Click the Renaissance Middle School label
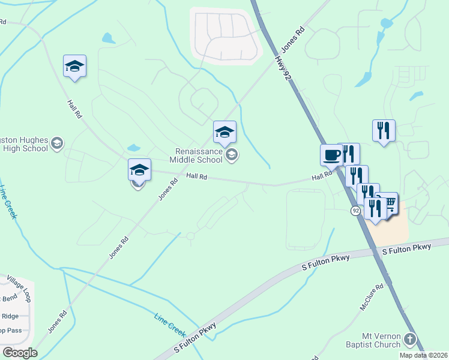pyautogui.click(x=196, y=155)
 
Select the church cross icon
pyautogui.click(x=410, y=340)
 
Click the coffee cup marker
pyautogui.click(x=331, y=155)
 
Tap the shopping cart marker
pyautogui.click(x=389, y=204)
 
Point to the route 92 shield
pyautogui.click(x=356, y=211)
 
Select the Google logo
pyautogui.click(x=20, y=352)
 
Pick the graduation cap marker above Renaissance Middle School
pyautogui.click(x=224, y=133)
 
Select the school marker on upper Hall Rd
pyautogui.click(x=74, y=67)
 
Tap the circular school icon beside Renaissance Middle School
pyautogui.click(x=232, y=156)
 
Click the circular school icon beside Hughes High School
pyautogui.click(x=56, y=143)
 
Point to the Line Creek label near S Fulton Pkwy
pyautogui.click(x=170, y=324)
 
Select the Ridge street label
pyautogui.click(x=11, y=316)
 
